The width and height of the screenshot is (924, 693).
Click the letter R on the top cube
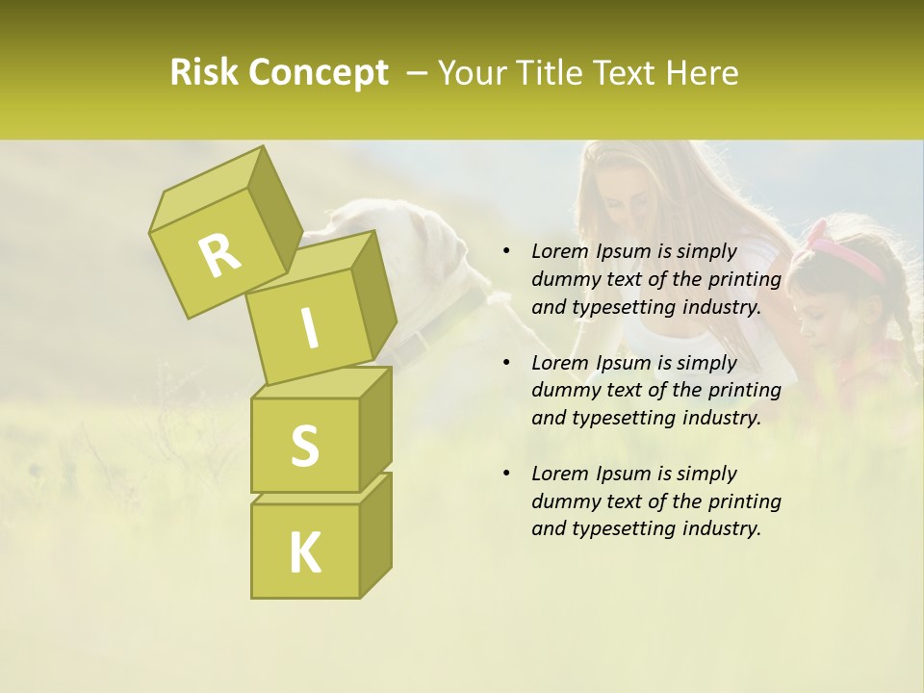click(x=219, y=255)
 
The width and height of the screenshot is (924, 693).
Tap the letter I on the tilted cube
click(x=310, y=327)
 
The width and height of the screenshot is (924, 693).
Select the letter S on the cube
click(x=304, y=445)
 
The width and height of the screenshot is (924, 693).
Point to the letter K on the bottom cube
click(x=304, y=552)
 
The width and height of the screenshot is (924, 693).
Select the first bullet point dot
click(x=505, y=251)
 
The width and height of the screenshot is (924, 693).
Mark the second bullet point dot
click(x=505, y=363)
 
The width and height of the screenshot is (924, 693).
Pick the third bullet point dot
click(x=505, y=474)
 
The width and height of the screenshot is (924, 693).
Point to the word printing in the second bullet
click(x=744, y=391)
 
